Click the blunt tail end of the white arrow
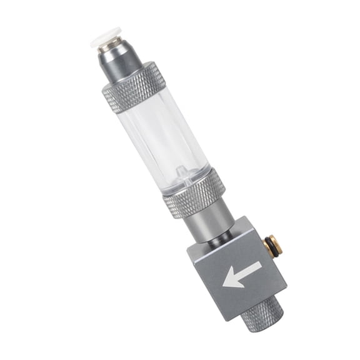[258, 266]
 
